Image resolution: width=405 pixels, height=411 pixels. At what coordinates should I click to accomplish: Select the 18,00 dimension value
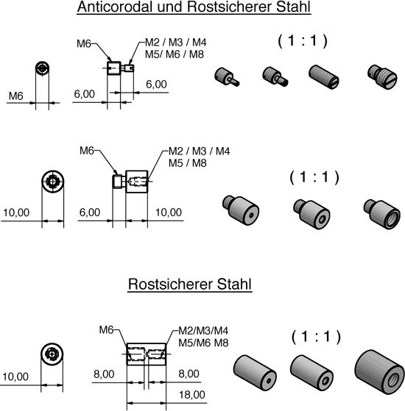pyautogui.click(x=192, y=395)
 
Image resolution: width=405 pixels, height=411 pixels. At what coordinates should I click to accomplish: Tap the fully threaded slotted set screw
pyautogui.click(x=324, y=77)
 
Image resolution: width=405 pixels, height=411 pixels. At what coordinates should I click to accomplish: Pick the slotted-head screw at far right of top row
pyautogui.click(x=382, y=77)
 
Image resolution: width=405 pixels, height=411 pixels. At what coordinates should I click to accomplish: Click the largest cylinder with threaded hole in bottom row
pyautogui.click(x=379, y=372)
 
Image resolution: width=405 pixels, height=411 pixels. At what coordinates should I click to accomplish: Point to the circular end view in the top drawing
pyautogui.click(x=42, y=68)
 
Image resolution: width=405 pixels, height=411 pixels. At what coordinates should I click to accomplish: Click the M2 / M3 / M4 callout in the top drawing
pyautogui.click(x=176, y=42)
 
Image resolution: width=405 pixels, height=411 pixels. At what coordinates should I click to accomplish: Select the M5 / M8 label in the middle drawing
pyautogui.click(x=188, y=163)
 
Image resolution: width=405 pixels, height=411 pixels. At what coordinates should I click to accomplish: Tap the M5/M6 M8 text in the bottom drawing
pyautogui.click(x=203, y=343)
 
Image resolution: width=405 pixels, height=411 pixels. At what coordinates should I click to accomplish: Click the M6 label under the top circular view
pyautogui.click(x=15, y=96)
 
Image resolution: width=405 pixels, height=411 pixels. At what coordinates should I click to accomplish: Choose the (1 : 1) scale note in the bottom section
pyautogui.click(x=316, y=337)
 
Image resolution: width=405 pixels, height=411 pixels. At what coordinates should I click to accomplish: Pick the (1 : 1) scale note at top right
pyautogui.click(x=303, y=41)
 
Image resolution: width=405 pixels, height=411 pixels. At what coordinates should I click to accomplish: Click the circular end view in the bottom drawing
pyautogui.click(x=52, y=354)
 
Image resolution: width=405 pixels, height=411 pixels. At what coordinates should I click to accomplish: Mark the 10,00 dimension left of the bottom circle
pyautogui.click(x=15, y=376)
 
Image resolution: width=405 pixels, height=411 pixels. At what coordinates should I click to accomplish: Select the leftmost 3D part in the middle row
pyautogui.click(x=241, y=210)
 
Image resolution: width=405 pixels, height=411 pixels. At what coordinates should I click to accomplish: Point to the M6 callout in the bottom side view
pyautogui.click(x=106, y=329)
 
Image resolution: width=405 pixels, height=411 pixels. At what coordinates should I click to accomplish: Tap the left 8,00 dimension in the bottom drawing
pyautogui.click(x=104, y=374)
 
